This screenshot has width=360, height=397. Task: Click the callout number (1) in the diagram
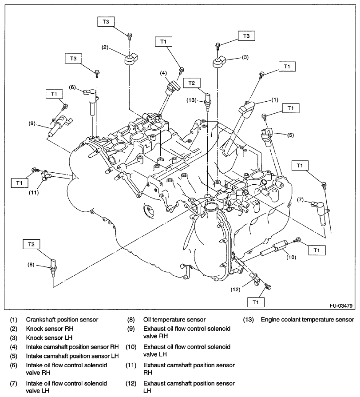pyautogui.click(x=275, y=100)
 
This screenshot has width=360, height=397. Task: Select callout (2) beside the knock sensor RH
pyautogui.click(x=105, y=47)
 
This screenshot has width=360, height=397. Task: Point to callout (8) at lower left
pyautogui.click(x=31, y=265)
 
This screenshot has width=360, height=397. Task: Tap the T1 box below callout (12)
pyautogui.click(x=256, y=302)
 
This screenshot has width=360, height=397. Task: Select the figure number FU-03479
pyautogui.click(x=341, y=306)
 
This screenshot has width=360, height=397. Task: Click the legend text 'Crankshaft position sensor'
pyautogui.click(x=62, y=319)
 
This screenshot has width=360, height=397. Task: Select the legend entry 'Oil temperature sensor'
pyautogui.click(x=174, y=319)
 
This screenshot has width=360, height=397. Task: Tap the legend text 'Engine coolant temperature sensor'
pyautogui.click(x=307, y=319)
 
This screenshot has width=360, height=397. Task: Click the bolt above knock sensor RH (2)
pyautogui.click(x=129, y=35)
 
